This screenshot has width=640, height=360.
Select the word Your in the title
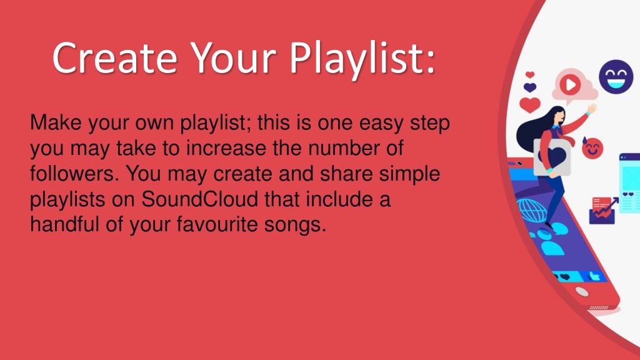pyautogui.click(x=232, y=58)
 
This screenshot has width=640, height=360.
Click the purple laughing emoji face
pyautogui.click(x=616, y=77)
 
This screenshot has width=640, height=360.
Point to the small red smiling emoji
pyautogui.click(x=592, y=149)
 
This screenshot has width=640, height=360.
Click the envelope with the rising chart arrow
pyautogui.click(x=603, y=210)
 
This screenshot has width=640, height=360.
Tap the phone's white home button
pyautogui.click(x=582, y=291)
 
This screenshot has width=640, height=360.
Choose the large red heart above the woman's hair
pyautogui.click(x=530, y=104)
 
